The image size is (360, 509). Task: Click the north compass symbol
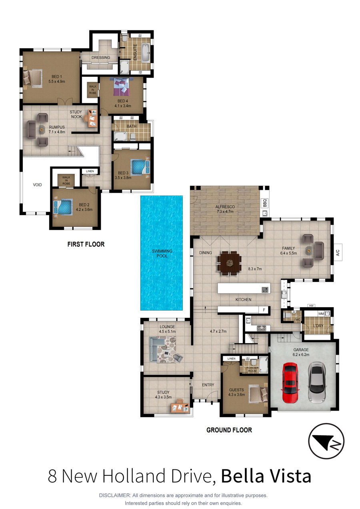pyautogui.click(x=326, y=441)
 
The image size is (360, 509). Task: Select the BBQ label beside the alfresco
pyautogui.click(x=264, y=203)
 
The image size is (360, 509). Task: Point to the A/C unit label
pyautogui.click(x=338, y=253)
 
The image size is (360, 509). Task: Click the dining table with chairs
pyautogui.click(x=230, y=263)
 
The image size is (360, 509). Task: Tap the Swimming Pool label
pyautogui.click(x=162, y=254)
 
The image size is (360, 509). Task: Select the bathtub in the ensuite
pyautogui.click(x=146, y=53)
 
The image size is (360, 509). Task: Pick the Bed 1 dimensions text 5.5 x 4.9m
pyautogui.click(x=56, y=81)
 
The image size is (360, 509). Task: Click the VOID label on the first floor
pyautogui.click(x=37, y=185)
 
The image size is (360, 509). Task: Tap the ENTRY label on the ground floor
pyautogui.click(x=208, y=385)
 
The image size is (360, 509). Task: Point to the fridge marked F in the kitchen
pyautogui.click(x=264, y=310)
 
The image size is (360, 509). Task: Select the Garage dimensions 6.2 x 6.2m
pyautogui.click(x=301, y=355)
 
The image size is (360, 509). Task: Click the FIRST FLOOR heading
pyautogui.click(x=86, y=244)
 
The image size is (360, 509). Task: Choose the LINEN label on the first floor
pyautogui.click(x=90, y=171)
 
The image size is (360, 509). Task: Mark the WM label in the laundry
pyautogui.click(x=321, y=314)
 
